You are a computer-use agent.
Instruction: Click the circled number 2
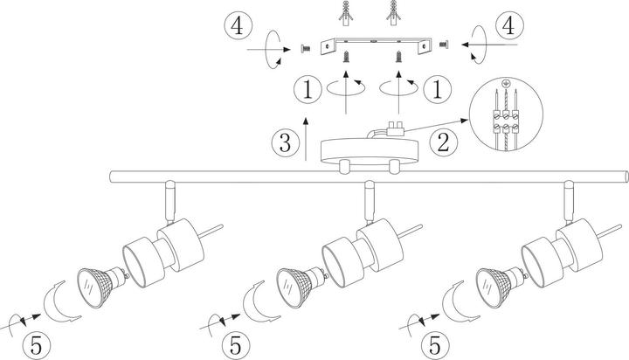[443, 142]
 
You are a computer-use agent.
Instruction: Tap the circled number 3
[285, 142]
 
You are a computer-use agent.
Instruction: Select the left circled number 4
[238, 26]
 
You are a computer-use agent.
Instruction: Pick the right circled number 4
[509, 25]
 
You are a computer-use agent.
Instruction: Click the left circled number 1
[308, 89]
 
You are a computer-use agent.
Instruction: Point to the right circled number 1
[437, 89]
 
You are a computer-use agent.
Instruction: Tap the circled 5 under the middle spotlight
[236, 345]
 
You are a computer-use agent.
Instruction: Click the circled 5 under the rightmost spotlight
[435, 345]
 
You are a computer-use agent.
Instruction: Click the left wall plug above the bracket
[344, 14]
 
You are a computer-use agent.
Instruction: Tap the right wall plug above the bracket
[393, 14]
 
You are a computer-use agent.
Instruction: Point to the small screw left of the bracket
[305, 49]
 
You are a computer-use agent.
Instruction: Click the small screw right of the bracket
[444, 44]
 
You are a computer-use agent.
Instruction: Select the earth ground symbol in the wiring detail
[506, 84]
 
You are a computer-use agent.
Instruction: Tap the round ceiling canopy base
[370, 152]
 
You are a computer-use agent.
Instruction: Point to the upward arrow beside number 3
[306, 139]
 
